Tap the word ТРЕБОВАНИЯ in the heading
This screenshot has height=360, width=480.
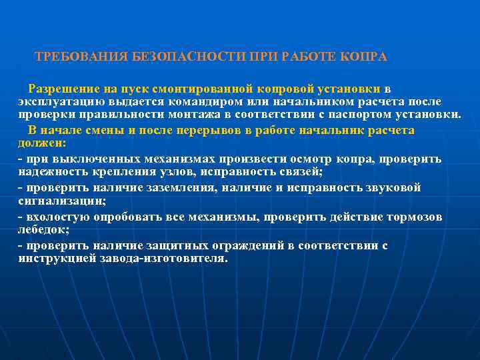[x=81, y=57]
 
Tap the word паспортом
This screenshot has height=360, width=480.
[x=361, y=114]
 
